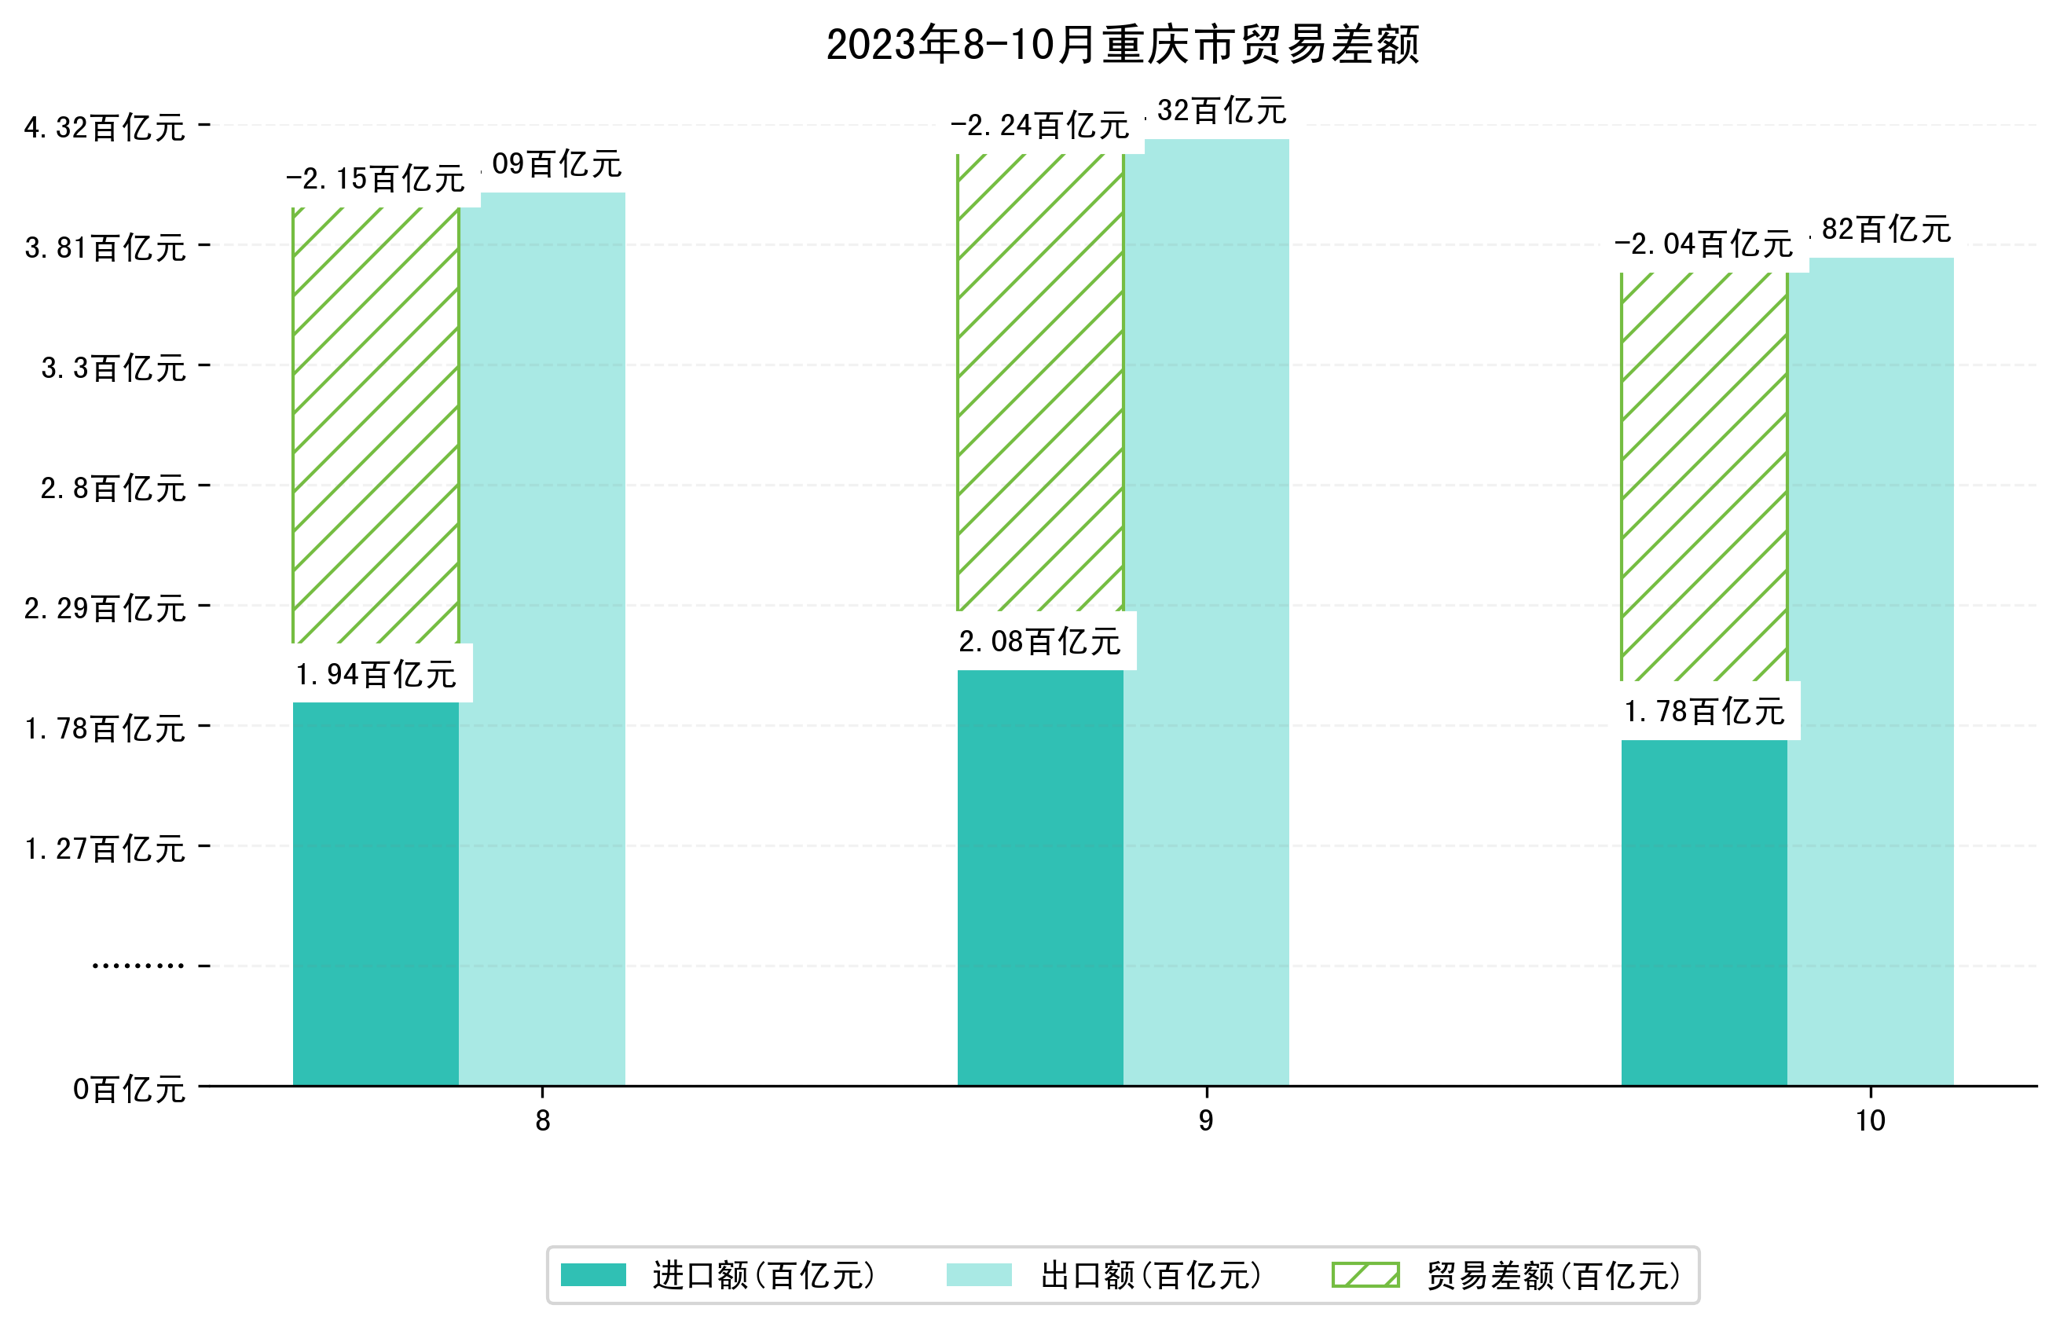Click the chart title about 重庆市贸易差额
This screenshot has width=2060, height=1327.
coord(1122,45)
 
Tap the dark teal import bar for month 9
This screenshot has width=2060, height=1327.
coord(1040,876)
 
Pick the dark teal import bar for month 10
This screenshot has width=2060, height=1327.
coord(1703,911)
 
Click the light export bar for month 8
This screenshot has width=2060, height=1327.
coord(542,638)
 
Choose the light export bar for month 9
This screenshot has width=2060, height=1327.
coord(1206,612)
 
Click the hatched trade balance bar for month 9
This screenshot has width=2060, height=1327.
coord(1040,382)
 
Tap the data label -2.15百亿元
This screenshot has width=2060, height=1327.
coord(376,179)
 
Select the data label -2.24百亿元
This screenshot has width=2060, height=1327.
coord(1040,126)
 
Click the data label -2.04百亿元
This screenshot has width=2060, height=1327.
coord(1703,244)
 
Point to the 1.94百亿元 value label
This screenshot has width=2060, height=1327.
coord(376,675)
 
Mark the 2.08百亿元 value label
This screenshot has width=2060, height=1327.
coord(1040,642)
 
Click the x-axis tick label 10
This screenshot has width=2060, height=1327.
coord(1870,1120)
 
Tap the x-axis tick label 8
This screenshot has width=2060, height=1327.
coord(542,1120)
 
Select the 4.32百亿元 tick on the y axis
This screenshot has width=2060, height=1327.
coord(104,127)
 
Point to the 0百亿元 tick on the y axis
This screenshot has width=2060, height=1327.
coord(128,1089)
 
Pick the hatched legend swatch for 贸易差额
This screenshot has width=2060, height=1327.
coord(1365,1274)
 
